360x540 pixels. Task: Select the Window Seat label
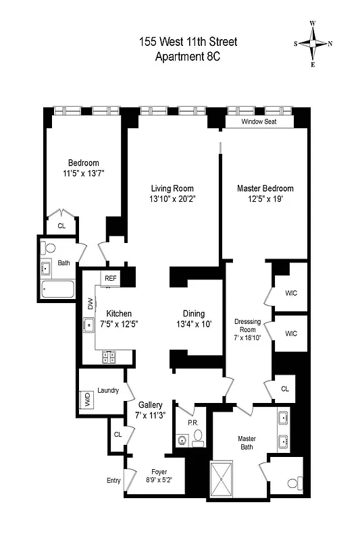(x=260, y=122)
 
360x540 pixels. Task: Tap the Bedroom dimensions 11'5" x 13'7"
(x=83, y=173)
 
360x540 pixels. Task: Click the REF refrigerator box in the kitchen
(x=110, y=277)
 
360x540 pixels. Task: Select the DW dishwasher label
(x=90, y=305)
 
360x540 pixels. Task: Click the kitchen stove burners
(x=110, y=358)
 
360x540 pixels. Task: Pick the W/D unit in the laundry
(x=87, y=398)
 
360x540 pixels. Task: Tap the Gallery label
(x=151, y=404)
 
